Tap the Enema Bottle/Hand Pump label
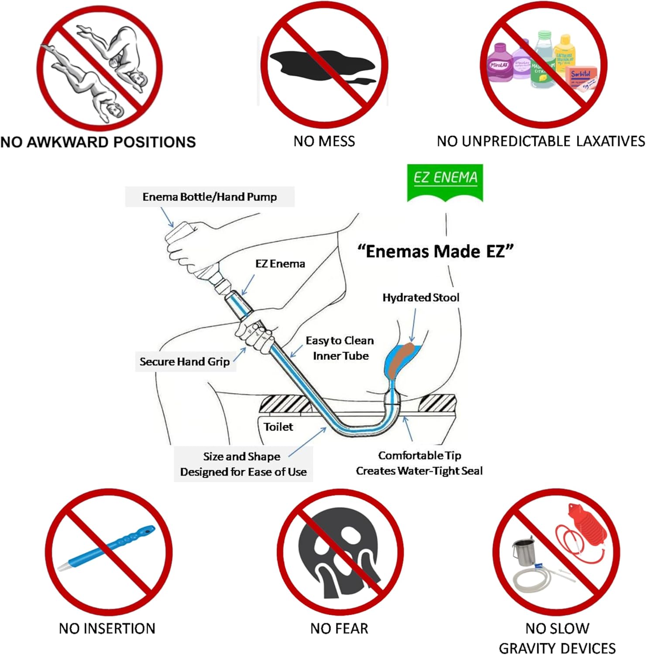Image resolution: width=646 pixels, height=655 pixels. [x=210, y=197]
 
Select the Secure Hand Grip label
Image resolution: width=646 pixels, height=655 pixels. [x=185, y=362]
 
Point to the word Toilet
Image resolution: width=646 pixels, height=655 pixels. [x=278, y=427]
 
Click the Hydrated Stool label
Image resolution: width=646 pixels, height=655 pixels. [x=421, y=297]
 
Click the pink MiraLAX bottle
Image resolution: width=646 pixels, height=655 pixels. [x=500, y=63]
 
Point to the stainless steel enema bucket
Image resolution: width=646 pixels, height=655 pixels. [x=524, y=552]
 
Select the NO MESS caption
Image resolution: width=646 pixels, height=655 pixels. [x=324, y=141]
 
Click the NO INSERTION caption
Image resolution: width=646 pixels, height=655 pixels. [x=107, y=628]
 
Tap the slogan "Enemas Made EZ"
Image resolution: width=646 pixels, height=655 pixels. [x=435, y=252]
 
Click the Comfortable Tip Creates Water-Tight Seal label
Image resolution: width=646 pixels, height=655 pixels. [x=419, y=463]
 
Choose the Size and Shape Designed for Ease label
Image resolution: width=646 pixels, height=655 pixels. [x=243, y=464]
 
